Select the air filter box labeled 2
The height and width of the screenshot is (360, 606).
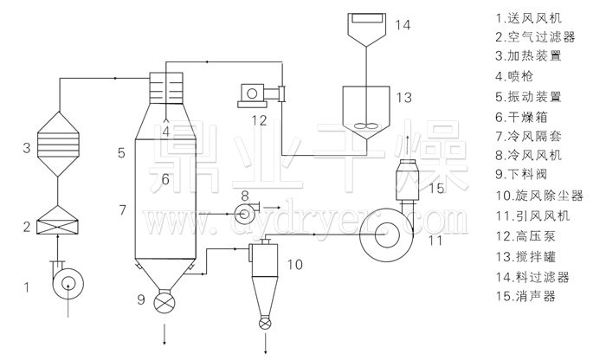[x=57, y=220]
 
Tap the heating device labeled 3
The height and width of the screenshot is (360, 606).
[x=58, y=144]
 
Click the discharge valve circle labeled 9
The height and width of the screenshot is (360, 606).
[x=164, y=301]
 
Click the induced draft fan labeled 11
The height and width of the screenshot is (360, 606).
[x=384, y=233]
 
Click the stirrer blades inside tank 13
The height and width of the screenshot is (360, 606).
[x=365, y=125]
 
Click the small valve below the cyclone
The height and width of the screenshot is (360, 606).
[x=265, y=323]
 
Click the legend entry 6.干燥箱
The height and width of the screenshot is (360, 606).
[x=521, y=117]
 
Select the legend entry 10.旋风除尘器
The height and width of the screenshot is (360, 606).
[x=539, y=196]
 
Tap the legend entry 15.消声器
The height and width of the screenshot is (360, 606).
[x=525, y=296]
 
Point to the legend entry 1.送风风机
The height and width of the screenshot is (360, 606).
[x=529, y=18]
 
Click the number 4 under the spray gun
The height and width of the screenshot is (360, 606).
[x=166, y=132]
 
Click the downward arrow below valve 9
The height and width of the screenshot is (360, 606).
[x=165, y=335]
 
